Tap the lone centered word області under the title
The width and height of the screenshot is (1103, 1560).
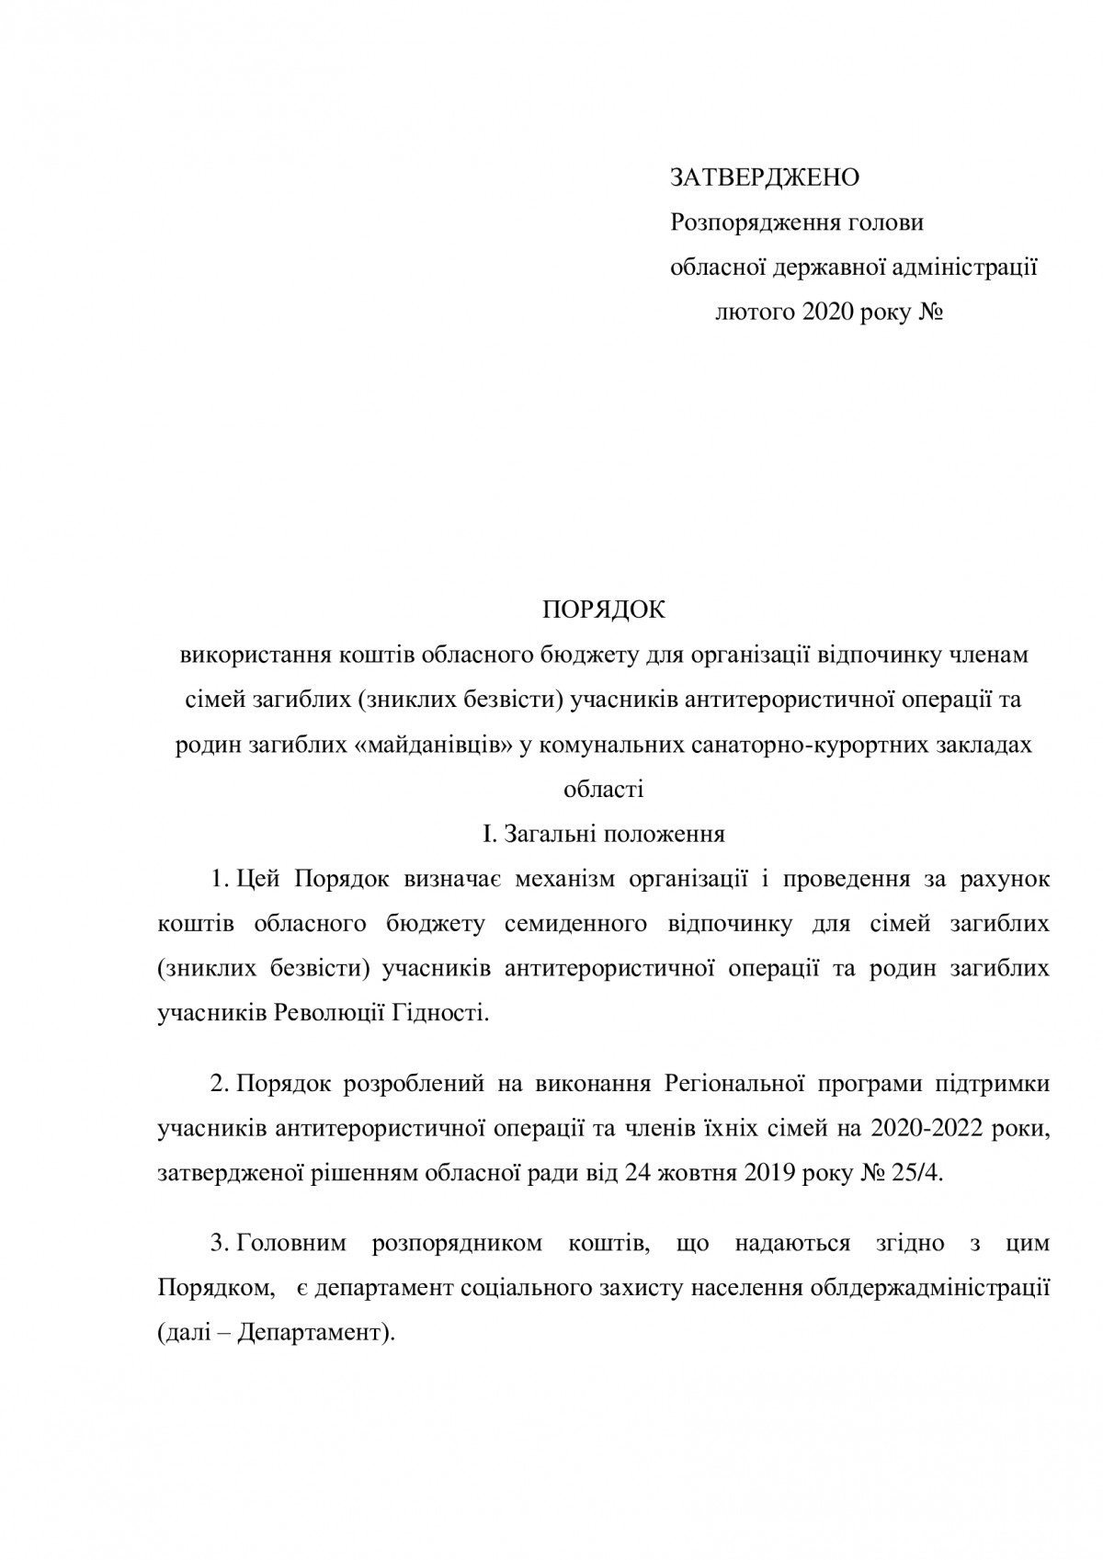tap(603, 790)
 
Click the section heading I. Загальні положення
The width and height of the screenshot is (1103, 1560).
tap(603, 835)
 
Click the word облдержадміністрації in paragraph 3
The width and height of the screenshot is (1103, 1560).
tap(929, 1289)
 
